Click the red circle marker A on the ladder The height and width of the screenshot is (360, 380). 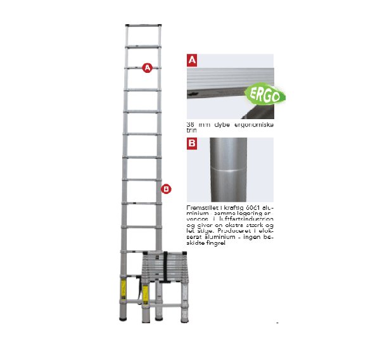pyautogui.click(x=147, y=67)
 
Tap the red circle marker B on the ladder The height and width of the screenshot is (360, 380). pyautogui.click(x=166, y=188)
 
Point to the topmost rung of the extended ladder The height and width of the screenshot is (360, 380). pyautogui.click(x=144, y=27)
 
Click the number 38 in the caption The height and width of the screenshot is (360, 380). pyautogui.click(x=190, y=124)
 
